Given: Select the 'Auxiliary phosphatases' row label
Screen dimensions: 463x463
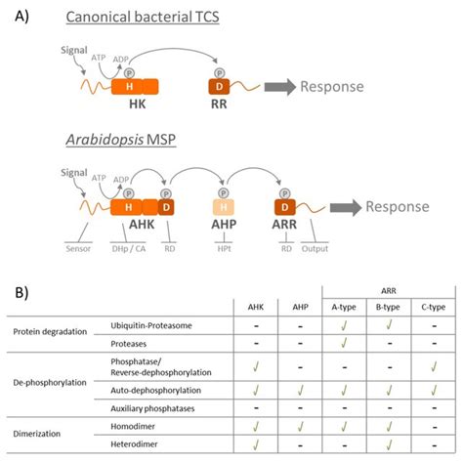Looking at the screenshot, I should tap(154, 407).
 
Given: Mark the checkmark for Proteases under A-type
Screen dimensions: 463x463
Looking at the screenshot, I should tap(343, 343).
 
